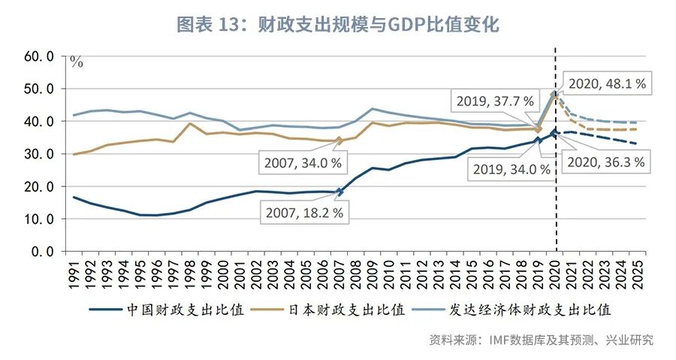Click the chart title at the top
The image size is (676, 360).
click(x=337, y=24)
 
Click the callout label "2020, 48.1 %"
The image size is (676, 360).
click(x=607, y=83)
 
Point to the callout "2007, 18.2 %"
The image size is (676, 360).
click(x=304, y=213)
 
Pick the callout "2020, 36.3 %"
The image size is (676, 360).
click(x=607, y=162)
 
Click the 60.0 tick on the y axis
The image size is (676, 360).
click(x=41, y=56)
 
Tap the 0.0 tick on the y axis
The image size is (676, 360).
click(x=44, y=252)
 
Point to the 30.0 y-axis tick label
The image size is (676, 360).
click(x=41, y=154)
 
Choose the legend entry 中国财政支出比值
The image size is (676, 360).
click(x=167, y=310)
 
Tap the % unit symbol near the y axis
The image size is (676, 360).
click(x=76, y=62)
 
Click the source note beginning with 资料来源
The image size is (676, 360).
click(x=541, y=340)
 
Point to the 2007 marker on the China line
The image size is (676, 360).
click(x=340, y=192)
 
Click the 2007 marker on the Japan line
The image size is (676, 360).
click(x=340, y=141)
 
